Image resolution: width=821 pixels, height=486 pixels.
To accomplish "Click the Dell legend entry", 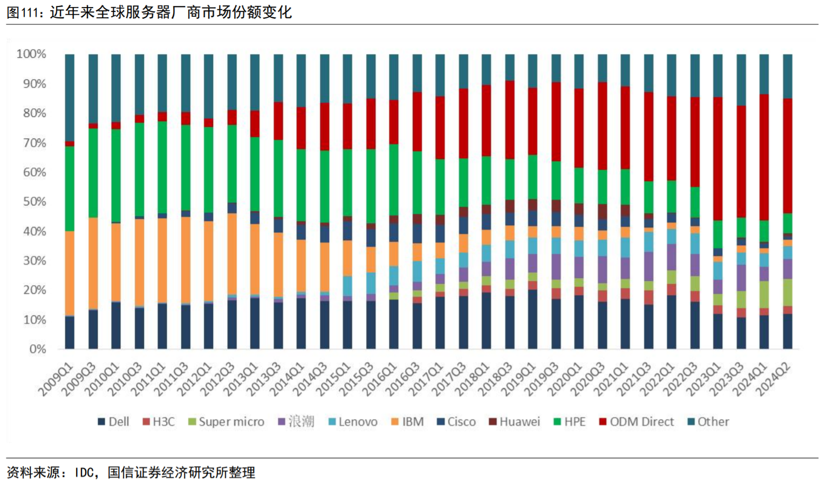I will click(x=113, y=422).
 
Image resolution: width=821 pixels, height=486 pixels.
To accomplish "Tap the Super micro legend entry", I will click(x=226, y=422).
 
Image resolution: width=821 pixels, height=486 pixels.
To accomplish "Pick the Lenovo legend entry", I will click(x=353, y=422).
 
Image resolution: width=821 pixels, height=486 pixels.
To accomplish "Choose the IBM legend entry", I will click(x=408, y=422).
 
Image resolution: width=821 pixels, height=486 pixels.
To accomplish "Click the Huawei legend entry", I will click(x=515, y=422).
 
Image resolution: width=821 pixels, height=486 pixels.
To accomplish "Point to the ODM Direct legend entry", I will click(x=637, y=422).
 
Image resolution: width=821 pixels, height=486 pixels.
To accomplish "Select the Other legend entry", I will click(x=708, y=422).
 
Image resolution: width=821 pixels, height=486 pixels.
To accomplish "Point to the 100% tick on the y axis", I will click(x=31, y=54).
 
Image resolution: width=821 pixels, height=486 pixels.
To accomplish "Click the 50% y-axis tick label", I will click(x=33, y=202).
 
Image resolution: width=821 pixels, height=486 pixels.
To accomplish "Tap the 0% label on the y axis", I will click(x=37, y=349).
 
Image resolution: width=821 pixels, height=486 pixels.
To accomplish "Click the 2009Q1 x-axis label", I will click(x=56, y=378).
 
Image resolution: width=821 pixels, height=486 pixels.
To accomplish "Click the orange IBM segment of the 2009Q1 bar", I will click(x=70, y=273).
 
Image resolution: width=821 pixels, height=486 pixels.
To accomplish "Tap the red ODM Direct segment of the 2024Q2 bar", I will click(x=788, y=156).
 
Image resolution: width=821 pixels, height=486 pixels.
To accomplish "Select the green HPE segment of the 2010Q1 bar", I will click(x=116, y=175).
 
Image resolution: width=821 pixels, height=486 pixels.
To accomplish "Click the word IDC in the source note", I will click(x=84, y=473).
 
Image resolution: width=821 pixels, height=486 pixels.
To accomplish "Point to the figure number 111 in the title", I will click(x=28, y=12).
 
